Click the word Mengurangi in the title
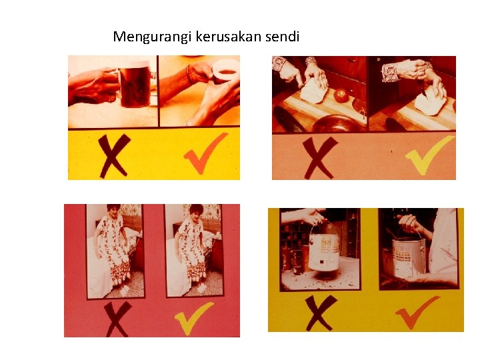153,37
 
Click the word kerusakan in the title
229,37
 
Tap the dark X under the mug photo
114,156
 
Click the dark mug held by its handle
135,86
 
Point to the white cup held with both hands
225,71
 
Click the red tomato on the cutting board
341,96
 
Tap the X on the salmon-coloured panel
319,158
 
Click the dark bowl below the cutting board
337,123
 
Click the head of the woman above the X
113,211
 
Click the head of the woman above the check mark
196,212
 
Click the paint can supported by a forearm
409,258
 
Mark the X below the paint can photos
319,313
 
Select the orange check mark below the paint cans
416,312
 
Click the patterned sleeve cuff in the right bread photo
389,73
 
